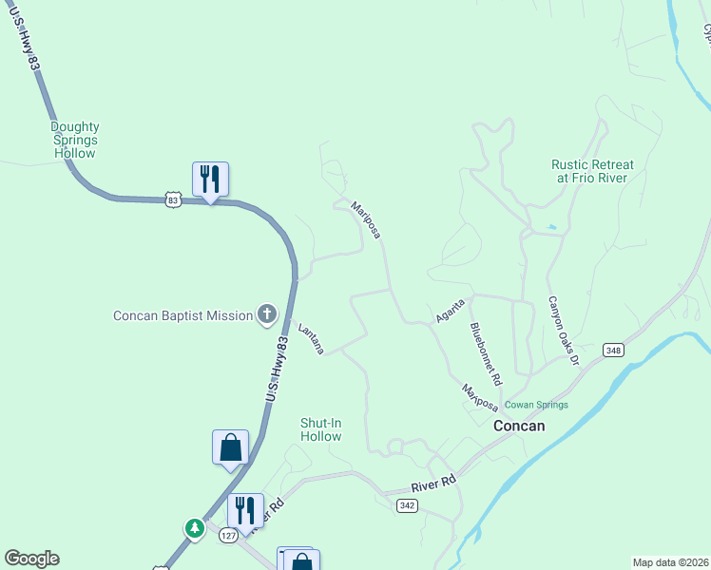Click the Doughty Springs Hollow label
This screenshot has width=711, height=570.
75,140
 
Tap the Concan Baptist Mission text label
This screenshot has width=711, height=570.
183,315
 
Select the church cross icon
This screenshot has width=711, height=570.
267,314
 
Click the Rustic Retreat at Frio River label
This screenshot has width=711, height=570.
592,171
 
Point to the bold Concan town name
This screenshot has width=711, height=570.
519,426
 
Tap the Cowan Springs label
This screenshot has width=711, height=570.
536,405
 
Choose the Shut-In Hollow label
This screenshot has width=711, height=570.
320,429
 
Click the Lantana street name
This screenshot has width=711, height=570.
311,339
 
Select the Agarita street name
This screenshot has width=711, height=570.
450,310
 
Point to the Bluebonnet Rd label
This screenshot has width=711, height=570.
484,352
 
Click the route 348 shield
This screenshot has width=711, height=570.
612,351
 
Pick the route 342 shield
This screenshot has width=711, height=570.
407,506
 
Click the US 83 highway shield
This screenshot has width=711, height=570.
172,199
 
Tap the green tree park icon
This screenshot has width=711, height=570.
195,526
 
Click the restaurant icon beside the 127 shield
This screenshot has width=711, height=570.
245,511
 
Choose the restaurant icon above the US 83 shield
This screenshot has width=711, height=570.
211,178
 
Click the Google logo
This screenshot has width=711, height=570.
31,559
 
